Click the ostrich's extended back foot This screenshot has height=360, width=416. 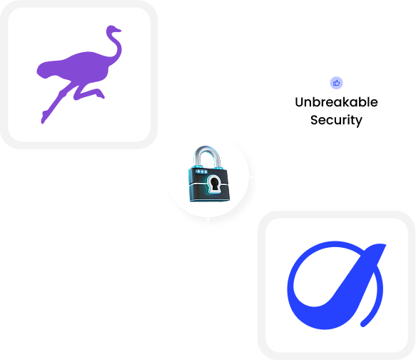pyautogui.click(x=44, y=117)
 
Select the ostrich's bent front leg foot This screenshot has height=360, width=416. pyautogui.click(x=101, y=94)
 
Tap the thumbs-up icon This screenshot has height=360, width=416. pyautogui.click(x=336, y=83)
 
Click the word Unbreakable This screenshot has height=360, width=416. pyautogui.click(x=336, y=102)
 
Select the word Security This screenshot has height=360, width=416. pyautogui.click(x=336, y=120)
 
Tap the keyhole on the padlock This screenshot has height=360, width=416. pyautogui.click(x=214, y=184)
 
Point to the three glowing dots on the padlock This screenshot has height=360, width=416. pyautogui.click(x=202, y=171)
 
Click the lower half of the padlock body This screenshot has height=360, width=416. pyautogui.click(x=210, y=192)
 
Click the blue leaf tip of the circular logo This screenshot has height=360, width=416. pyautogui.click(x=381, y=246)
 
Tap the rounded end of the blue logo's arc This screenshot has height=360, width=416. pyautogui.click(x=363, y=324)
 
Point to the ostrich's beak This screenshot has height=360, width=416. pyautogui.click(x=118, y=31)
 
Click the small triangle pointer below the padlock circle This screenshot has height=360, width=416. pyautogui.click(x=208, y=219)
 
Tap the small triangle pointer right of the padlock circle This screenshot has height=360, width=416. pyautogui.click(x=251, y=177)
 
